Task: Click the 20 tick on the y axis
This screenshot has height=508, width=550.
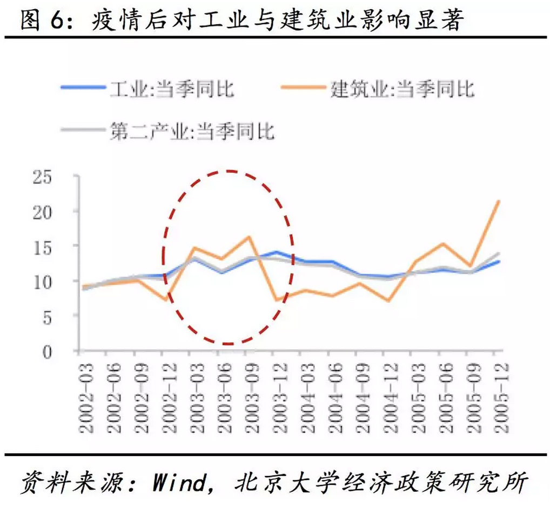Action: [45, 211]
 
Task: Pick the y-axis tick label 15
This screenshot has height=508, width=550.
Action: [45, 246]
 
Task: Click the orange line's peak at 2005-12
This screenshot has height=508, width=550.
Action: [498, 201]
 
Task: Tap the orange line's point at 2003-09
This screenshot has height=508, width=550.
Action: [248, 237]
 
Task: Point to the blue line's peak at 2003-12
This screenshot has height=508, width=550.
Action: [276, 252]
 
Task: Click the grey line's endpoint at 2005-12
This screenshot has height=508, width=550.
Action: [498, 253]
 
